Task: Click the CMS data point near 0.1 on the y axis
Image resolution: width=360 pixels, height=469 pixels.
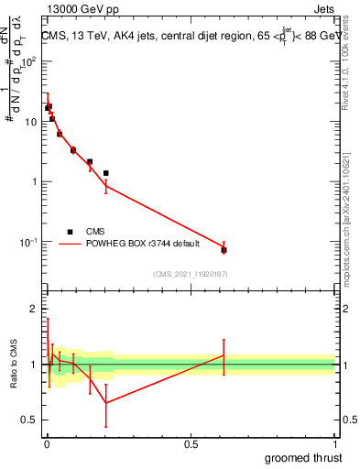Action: click(x=224, y=249)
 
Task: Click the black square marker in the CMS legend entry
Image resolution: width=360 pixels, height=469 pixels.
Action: click(x=70, y=232)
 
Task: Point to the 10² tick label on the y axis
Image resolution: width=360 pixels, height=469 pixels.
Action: click(x=29, y=61)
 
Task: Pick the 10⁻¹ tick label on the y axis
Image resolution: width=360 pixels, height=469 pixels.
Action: click(x=29, y=242)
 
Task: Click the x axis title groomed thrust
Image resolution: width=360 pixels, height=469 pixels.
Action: click(x=304, y=457)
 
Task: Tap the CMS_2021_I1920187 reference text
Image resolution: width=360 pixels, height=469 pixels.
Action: click(x=190, y=274)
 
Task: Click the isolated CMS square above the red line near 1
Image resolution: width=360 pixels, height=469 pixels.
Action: click(x=106, y=173)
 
